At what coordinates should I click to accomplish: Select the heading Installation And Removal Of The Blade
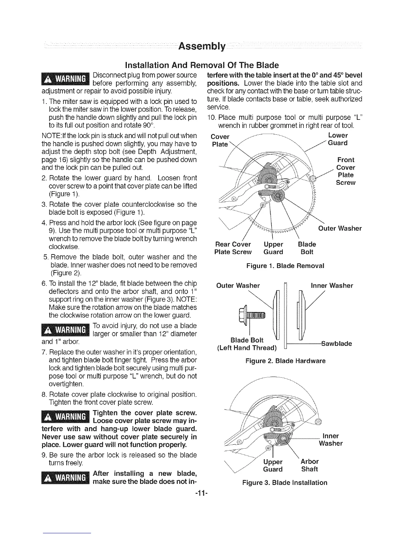tap(206, 65)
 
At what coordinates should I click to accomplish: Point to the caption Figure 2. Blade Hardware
tap(285, 361)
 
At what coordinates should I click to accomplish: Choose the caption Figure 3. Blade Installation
tap(285, 483)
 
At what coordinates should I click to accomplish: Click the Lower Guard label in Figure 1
tap(338, 139)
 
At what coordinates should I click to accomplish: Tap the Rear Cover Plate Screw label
tap(233, 248)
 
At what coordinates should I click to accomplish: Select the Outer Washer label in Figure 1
tap(340, 228)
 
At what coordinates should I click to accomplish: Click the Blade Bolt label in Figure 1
tap(307, 248)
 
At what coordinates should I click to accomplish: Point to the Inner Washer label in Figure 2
tap(331, 286)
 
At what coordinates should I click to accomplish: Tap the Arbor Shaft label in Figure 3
tap(309, 465)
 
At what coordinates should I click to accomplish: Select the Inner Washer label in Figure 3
tap(331, 440)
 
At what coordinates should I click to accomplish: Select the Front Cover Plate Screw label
tap(346, 171)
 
